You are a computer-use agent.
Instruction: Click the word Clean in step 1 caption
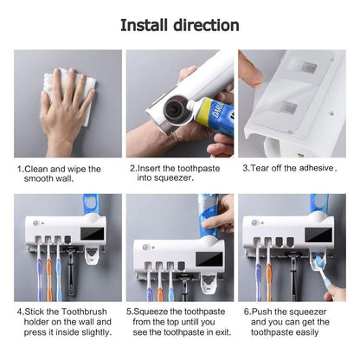pyautogui.click(x=39, y=169)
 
